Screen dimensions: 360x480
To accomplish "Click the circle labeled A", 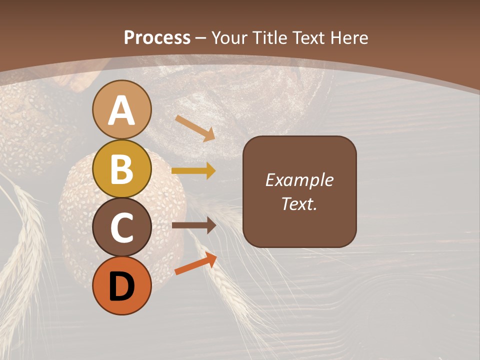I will (121, 109).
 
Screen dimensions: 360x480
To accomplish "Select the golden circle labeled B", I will (121, 168).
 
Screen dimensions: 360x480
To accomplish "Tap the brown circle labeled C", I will (121, 227).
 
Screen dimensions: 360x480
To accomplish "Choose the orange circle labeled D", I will (121, 285).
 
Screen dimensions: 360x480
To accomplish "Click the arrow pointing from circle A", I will (195, 128).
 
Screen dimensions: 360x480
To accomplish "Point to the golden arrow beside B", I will (193, 170).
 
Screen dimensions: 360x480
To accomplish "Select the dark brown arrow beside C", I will (193, 225).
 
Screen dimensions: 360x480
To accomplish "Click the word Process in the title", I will (157, 38).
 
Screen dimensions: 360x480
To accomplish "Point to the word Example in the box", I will (299, 180).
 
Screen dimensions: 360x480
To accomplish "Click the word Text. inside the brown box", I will (299, 203).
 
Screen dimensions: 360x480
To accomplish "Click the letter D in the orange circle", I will (121, 286).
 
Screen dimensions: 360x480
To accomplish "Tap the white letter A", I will (121, 110).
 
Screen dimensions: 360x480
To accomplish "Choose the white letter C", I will (121, 228).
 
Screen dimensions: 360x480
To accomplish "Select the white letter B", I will (121, 169).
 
